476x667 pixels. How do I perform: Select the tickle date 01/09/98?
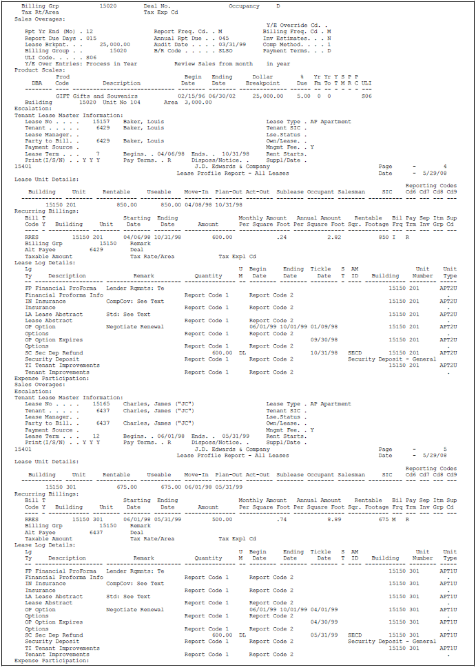(322, 327)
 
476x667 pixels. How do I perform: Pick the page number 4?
(446, 167)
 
